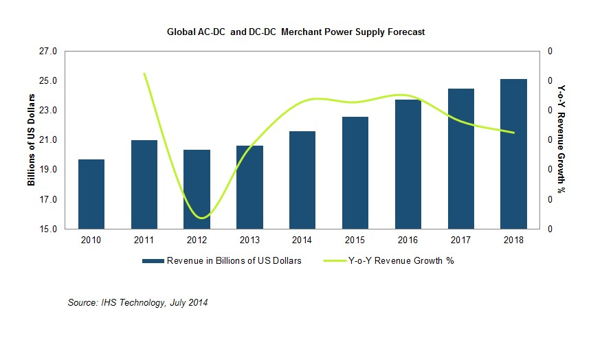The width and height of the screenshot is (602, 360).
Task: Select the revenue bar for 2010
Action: pos(91,194)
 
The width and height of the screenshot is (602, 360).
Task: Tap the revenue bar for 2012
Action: pos(197,190)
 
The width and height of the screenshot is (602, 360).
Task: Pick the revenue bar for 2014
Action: pos(302,180)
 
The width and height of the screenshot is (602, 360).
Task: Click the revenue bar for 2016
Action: pos(408,164)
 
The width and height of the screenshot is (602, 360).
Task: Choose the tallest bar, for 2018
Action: pos(513,154)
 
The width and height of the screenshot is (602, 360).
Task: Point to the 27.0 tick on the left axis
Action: pos(49,52)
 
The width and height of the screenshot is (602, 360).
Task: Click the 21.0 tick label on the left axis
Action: pos(49,140)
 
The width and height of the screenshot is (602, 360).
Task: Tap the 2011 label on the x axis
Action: pos(144,240)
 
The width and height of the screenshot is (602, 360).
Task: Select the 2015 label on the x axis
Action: pos(355,240)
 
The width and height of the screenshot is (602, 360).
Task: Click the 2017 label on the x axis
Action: pos(460,240)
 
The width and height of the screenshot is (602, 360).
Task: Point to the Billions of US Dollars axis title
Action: pos(31,140)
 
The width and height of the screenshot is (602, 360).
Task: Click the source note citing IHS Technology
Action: pos(138,303)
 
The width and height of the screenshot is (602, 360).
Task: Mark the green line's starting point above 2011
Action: pos(144,74)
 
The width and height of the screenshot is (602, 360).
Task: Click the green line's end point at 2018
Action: pos(513,133)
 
